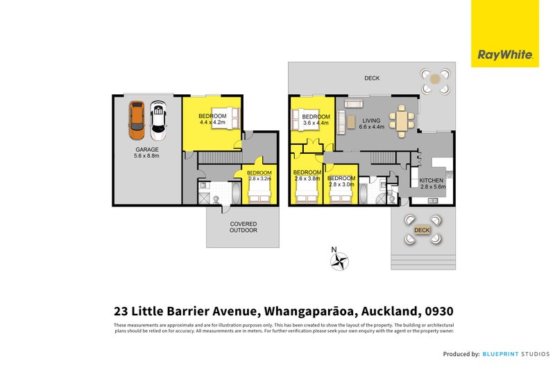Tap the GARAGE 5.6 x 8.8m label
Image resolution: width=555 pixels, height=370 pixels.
point(147,152)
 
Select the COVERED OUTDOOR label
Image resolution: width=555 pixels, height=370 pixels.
point(243,227)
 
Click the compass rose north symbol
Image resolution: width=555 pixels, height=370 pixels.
point(339,261)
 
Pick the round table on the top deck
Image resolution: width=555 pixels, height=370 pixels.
point(435,80)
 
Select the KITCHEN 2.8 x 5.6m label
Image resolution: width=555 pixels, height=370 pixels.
point(432,183)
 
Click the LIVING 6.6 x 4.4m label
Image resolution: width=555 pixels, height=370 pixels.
point(371,123)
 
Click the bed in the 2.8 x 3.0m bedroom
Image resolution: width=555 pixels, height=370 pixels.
point(341,196)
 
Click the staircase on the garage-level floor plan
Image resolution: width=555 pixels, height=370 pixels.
point(219,159)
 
